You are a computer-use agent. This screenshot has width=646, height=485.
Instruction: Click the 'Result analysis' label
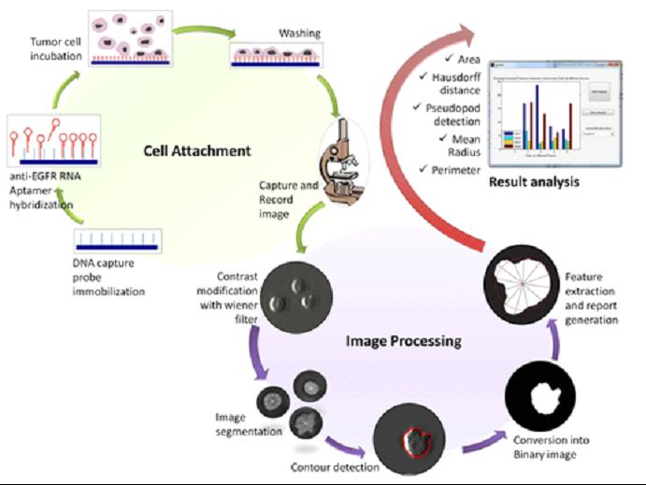pos(534,181)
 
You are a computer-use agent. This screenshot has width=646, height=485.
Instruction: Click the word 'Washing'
pos(300,33)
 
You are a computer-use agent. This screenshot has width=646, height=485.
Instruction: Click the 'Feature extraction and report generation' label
pos(591,299)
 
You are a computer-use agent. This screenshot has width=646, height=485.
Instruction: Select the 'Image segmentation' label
pos(247,426)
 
